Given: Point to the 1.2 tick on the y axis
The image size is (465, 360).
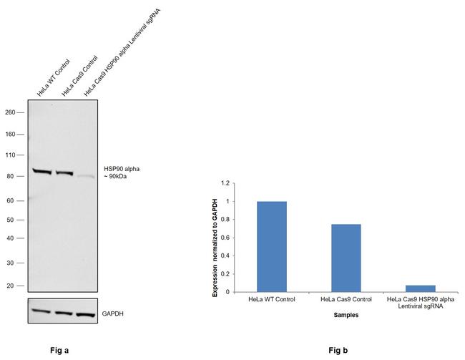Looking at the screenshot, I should pyautogui.click(x=226, y=183).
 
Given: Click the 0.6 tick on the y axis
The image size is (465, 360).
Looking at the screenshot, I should pyautogui.click(x=226, y=238).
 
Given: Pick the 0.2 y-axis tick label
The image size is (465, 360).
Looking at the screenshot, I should pyautogui.click(x=226, y=274).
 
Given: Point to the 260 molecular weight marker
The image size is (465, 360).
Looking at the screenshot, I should pyautogui.click(x=10, y=112).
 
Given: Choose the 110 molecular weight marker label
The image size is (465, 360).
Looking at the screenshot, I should pyautogui.click(x=10, y=155).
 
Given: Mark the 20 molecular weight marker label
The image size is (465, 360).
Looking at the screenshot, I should pyautogui.click(x=10, y=286).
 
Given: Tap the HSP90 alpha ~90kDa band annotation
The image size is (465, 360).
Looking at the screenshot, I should pyautogui.click(x=121, y=172).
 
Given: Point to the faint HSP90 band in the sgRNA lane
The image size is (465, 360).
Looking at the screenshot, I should pyautogui.click(x=86, y=176).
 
